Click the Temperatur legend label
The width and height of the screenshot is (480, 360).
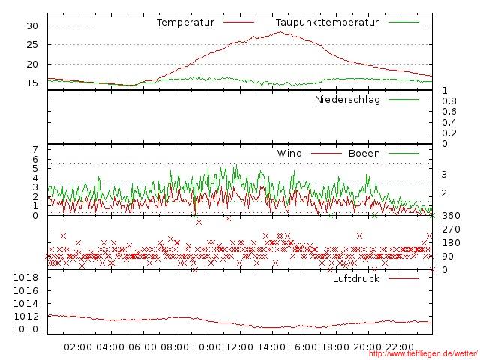185,22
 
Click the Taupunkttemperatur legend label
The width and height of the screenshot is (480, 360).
326,22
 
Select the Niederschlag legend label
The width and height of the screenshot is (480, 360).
347,100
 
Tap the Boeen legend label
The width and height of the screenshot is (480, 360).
364,154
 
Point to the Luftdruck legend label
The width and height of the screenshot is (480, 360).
356,279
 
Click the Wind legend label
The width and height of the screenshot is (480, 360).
289,154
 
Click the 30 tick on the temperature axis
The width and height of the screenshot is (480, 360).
32,25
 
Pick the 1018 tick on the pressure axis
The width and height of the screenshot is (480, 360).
27,277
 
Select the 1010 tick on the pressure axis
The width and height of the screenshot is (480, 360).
27,329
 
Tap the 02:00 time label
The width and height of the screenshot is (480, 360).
78,346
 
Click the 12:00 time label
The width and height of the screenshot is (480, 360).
239,346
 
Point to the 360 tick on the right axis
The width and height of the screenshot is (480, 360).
451,216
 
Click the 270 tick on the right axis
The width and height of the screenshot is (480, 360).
451,229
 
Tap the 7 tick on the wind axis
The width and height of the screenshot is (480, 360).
35,149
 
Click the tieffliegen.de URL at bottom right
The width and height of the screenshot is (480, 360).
423,354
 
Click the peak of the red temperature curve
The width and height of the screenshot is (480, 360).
280,32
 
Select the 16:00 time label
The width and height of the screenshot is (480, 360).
304,346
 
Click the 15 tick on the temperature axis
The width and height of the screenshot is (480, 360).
32,82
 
